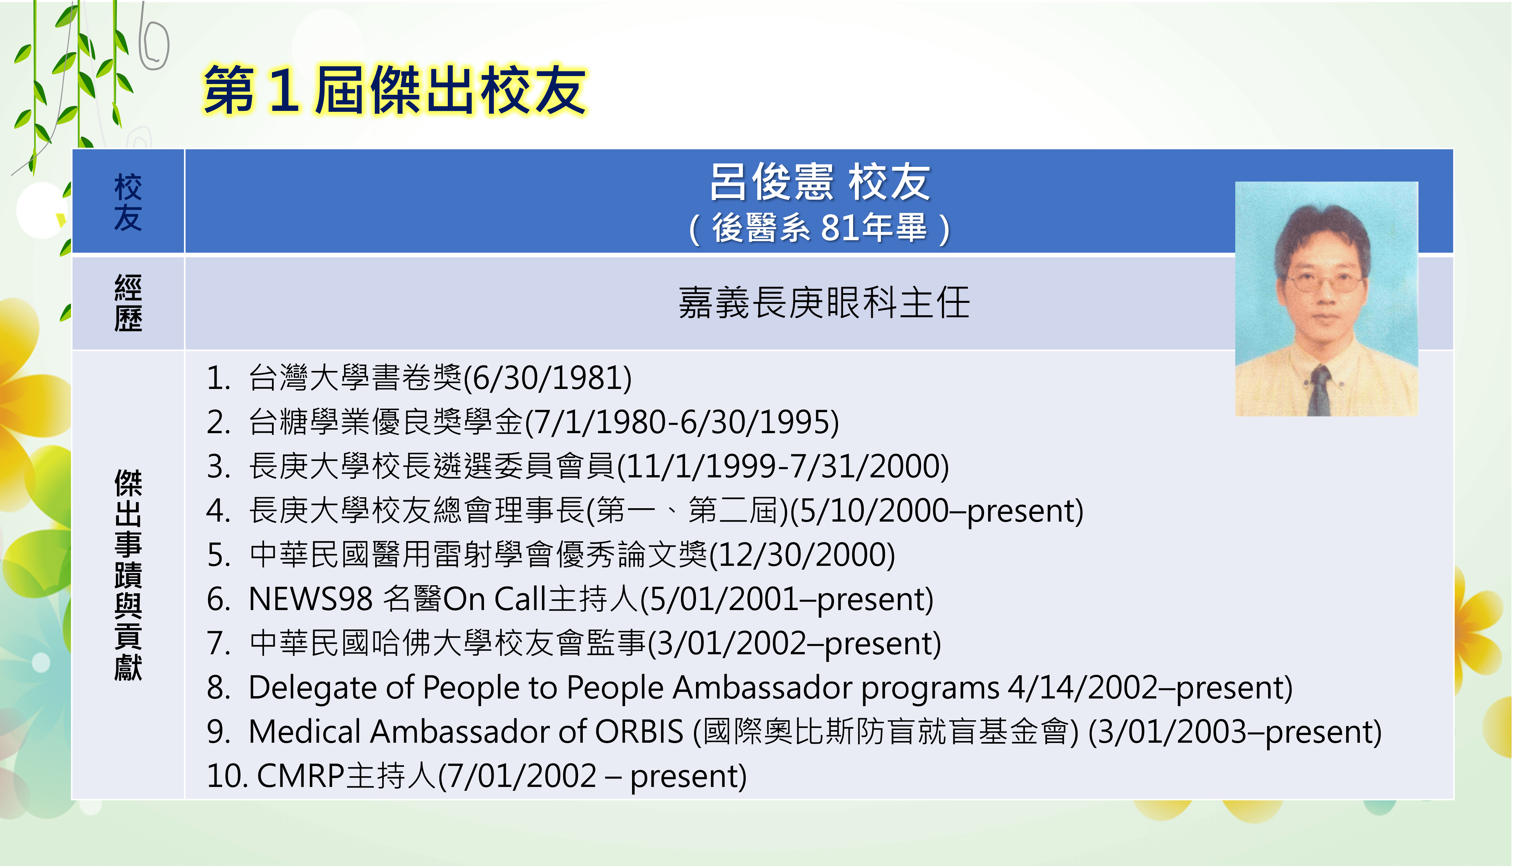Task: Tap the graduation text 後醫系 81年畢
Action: [820, 228]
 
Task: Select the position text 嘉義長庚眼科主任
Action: [824, 303]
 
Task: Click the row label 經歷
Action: [128, 303]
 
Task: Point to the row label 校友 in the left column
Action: [128, 202]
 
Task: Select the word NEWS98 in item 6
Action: [310, 599]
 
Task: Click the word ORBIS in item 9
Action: [639, 732]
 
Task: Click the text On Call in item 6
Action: [495, 599]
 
